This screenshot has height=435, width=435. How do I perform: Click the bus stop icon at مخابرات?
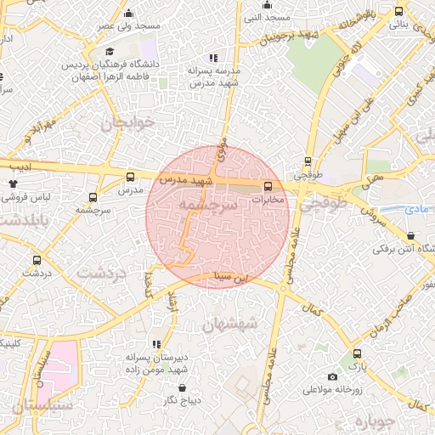pos(268,185)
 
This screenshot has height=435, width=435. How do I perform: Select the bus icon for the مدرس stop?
pos(130,177)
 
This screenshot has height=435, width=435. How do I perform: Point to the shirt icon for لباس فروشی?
pos(13,183)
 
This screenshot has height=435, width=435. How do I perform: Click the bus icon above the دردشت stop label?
pos(37,260)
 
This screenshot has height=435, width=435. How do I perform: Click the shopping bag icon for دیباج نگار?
pos(182,387)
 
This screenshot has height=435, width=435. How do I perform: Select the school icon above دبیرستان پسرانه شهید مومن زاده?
pos(156,344)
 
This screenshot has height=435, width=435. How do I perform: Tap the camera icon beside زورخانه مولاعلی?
pos(332,376)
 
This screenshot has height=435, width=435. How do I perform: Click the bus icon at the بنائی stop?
pos(399,11)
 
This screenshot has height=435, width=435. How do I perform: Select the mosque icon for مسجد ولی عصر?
pos(128,13)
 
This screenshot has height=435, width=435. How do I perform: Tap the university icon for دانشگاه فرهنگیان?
pos(110,52)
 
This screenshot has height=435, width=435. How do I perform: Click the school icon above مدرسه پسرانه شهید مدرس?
pos(212,58)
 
